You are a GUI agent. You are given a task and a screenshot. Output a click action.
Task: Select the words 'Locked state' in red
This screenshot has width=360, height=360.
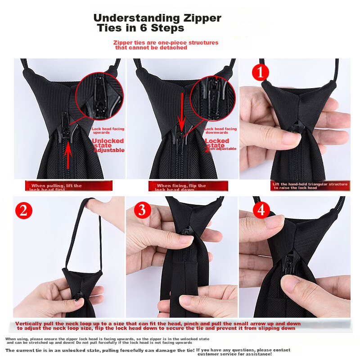[217, 143]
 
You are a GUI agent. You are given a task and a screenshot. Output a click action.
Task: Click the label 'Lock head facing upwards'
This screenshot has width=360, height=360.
[108, 130]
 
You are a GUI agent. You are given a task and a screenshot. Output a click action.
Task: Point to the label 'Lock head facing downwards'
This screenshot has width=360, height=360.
[220, 130]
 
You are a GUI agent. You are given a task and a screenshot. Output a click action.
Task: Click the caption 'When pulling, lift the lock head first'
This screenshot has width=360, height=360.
[56, 186]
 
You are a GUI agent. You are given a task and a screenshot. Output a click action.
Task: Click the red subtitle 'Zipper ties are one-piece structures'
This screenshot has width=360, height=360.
[166, 42]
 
